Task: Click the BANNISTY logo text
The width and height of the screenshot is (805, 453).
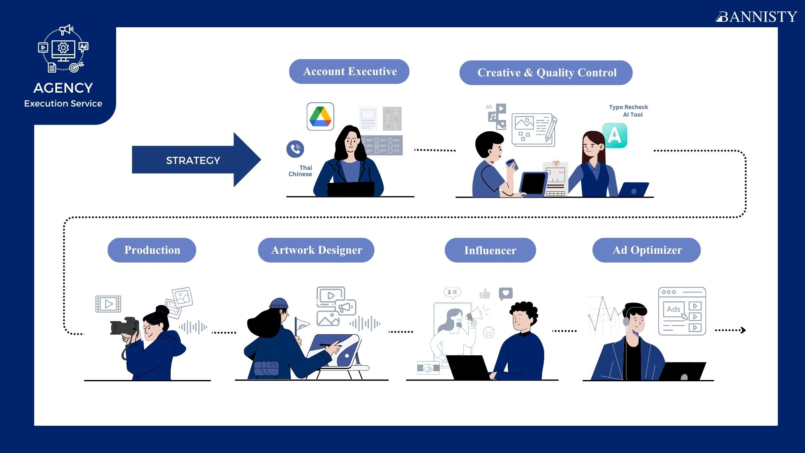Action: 756,16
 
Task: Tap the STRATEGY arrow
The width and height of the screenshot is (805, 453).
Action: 196,160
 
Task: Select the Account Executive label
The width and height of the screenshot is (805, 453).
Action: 349,71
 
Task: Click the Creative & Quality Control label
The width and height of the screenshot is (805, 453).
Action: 546,73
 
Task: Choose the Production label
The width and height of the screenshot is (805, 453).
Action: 152,250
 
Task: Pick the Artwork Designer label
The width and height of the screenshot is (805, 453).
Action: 316,250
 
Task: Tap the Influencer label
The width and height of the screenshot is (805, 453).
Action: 490,250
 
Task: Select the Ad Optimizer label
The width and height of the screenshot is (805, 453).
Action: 647,250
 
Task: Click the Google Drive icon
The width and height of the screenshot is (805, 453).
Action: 320,116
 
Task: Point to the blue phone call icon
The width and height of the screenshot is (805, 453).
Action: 295,149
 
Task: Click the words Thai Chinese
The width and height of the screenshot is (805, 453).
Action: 301,171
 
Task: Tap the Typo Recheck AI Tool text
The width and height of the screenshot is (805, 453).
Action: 628,111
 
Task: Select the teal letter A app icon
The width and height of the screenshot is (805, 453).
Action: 615,135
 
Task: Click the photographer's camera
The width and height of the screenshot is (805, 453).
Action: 125,326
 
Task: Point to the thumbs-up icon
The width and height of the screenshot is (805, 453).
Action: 485,294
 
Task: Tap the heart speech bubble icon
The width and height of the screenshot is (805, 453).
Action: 506,294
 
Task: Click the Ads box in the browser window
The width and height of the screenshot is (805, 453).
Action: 674,310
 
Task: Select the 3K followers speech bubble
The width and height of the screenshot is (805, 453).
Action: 452,292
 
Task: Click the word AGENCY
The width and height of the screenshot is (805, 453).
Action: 63,88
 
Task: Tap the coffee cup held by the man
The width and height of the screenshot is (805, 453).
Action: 511,164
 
